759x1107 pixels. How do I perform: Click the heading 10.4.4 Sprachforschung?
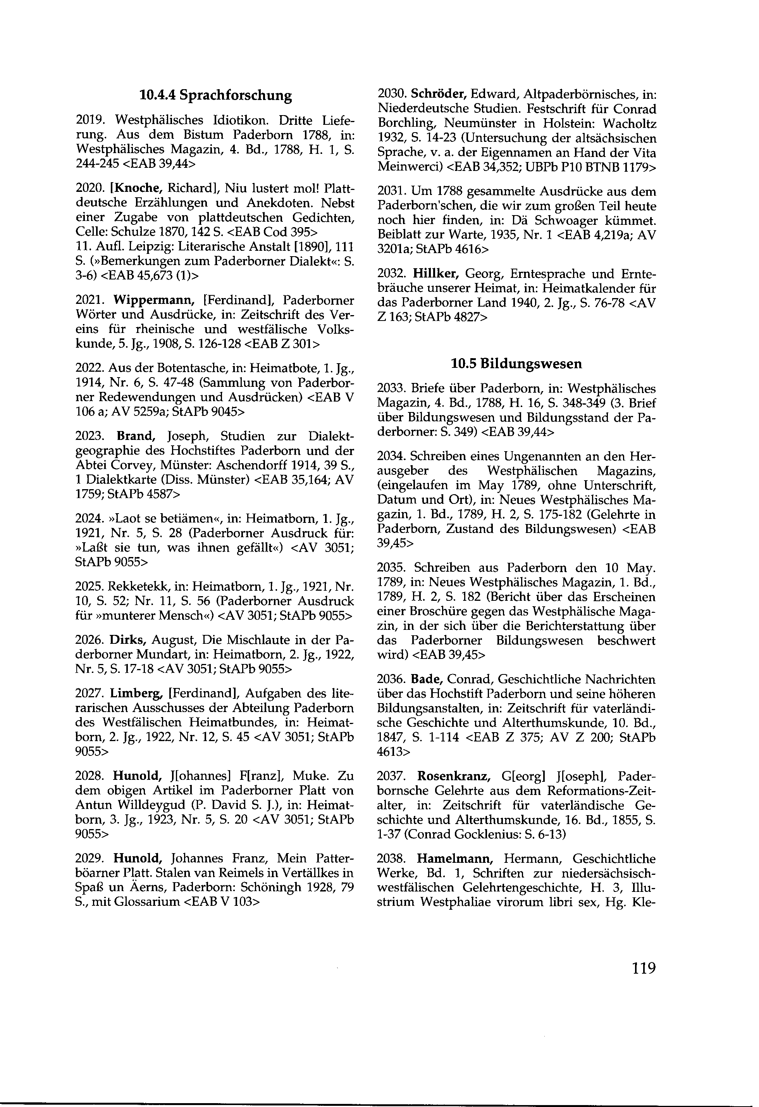[x=215, y=95]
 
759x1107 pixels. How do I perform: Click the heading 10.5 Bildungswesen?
[x=516, y=364]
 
